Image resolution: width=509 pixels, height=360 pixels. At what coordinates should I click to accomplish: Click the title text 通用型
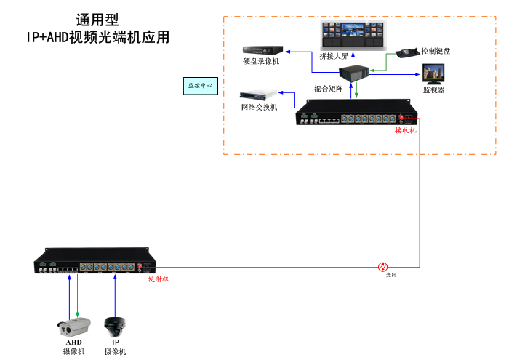(x=97, y=20)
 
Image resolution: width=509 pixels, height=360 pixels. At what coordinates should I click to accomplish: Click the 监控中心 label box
(x=200, y=86)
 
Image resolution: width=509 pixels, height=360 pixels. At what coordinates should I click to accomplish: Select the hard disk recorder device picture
(x=262, y=50)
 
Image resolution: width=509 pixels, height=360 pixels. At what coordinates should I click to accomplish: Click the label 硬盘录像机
(x=261, y=62)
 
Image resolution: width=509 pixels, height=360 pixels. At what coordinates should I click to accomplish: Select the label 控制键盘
(x=436, y=51)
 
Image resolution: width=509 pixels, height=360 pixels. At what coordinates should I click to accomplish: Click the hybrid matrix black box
(x=355, y=73)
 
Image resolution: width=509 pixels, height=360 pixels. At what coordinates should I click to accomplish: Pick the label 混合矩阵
(x=329, y=87)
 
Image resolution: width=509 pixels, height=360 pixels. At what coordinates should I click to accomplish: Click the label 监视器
(x=434, y=90)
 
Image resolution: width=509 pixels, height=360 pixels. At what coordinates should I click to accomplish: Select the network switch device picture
(x=260, y=95)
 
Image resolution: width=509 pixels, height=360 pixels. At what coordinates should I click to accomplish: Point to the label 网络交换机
(x=260, y=108)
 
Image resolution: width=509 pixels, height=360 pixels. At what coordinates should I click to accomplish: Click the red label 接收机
(x=406, y=131)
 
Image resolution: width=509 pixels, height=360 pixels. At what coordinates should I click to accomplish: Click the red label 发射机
(x=159, y=279)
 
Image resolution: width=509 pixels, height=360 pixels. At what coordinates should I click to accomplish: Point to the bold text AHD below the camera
(x=73, y=342)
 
